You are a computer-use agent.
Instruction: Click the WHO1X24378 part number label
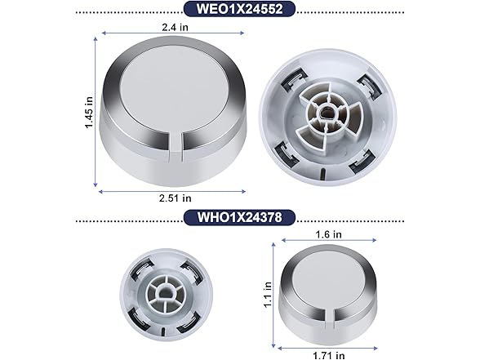(239, 219)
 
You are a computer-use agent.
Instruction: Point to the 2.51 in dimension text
(176, 198)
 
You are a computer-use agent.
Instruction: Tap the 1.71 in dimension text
(328, 353)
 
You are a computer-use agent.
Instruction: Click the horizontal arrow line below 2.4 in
(173, 33)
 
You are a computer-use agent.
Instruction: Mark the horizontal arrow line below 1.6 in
(328, 241)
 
